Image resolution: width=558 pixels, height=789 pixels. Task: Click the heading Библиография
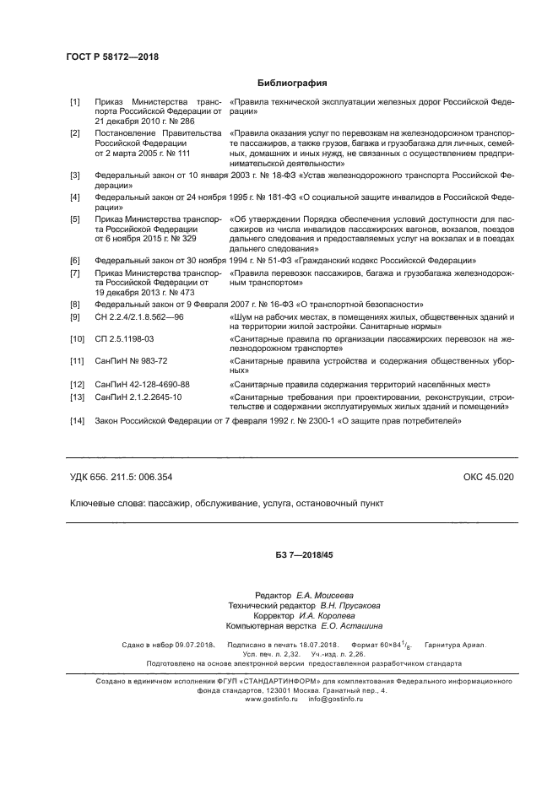[x=290, y=84]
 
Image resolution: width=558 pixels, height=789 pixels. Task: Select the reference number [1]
[x=75, y=102]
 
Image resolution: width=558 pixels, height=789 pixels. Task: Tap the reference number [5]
[x=75, y=218]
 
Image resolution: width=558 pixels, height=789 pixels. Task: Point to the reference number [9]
[x=75, y=316]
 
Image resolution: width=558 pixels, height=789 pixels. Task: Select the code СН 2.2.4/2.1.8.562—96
[x=138, y=316]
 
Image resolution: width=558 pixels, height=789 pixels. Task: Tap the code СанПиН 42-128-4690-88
[x=143, y=384]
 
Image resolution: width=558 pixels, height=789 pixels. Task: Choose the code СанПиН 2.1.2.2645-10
[x=138, y=396]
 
